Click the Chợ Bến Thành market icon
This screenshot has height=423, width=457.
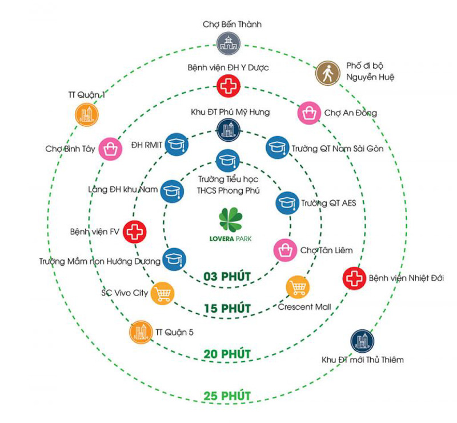coord(228,43)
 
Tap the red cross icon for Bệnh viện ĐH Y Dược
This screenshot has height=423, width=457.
coord(228,87)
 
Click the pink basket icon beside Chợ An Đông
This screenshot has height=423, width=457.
coord(308,113)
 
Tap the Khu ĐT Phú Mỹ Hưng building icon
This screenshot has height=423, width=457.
coord(228,130)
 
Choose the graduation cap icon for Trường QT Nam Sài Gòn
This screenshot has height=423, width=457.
coord(277,147)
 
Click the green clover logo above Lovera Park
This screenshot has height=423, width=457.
coord(230,220)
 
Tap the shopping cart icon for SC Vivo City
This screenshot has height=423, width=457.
coord(162,293)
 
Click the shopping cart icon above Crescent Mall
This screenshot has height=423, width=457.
coord(297,286)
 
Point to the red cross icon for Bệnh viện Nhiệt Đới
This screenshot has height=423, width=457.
coord(354,278)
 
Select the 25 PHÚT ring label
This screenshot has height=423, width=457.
coord(227,396)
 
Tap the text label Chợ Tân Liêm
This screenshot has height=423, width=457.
coord(326,250)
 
